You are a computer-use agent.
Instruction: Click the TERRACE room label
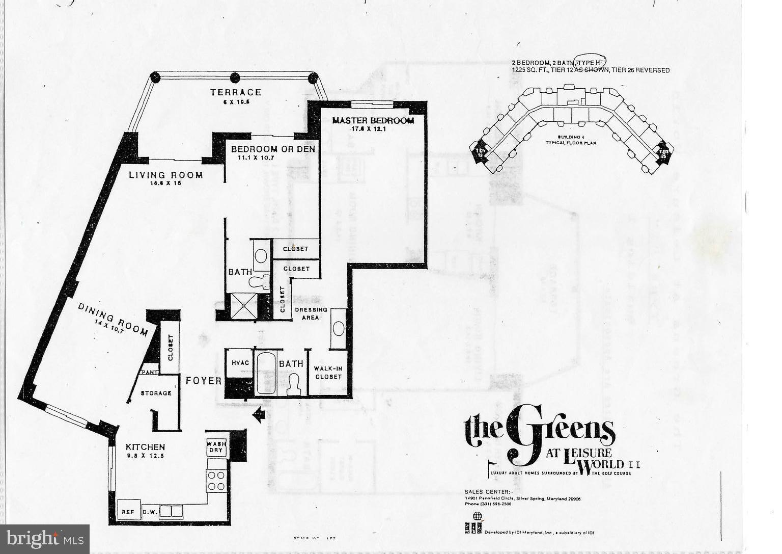click(x=236, y=92)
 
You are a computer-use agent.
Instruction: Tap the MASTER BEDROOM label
click(x=373, y=121)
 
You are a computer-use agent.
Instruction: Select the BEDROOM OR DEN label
click(x=273, y=149)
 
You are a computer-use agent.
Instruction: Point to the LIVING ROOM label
click(x=165, y=175)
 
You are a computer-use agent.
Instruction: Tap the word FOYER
click(x=203, y=381)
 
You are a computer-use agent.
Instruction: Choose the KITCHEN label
click(x=145, y=447)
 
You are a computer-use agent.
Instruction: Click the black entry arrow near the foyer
click(x=259, y=415)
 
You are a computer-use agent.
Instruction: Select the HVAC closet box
click(x=240, y=363)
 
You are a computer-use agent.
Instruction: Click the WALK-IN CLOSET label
click(x=328, y=373)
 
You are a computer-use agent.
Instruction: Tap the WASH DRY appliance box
click(x=216, y=447)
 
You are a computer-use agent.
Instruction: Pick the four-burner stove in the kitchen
click(x=216, y=481)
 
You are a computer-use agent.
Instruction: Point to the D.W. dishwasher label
click(x=149, y=512)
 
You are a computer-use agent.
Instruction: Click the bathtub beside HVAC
click(x=264, y=373)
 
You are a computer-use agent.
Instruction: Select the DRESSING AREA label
click(x=311, y=313)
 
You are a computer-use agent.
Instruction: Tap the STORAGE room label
click(x=156, y=393)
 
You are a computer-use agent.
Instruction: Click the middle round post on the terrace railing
click(x=235, y=78)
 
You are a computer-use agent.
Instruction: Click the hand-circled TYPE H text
click(x=590, y=62)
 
